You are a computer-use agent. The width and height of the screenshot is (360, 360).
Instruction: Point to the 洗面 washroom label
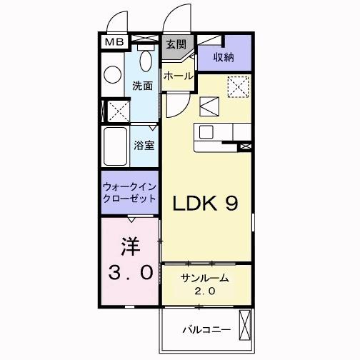(142, 86)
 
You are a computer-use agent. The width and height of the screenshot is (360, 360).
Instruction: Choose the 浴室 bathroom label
(144, 144)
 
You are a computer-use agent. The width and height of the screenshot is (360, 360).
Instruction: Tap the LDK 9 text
(207, 204)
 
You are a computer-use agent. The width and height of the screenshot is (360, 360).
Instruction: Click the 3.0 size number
(129, 271)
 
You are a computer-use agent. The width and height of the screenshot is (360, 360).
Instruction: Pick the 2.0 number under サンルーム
(204, 291)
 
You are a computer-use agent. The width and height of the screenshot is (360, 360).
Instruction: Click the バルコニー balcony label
(205, 331)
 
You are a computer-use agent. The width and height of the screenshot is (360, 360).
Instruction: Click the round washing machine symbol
(113, 75)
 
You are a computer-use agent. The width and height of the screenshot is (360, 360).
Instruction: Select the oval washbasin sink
(146, 60)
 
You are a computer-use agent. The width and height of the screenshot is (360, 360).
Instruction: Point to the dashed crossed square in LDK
(236, 87)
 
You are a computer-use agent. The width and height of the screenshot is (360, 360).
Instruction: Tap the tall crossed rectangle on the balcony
(244, 326)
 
